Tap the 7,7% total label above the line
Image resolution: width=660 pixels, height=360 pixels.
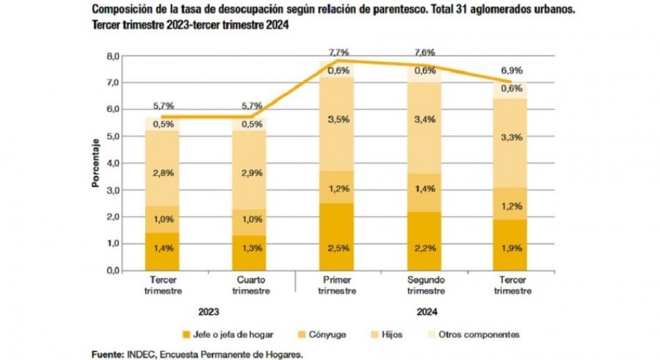338,53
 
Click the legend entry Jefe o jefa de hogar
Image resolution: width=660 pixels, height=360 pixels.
228,334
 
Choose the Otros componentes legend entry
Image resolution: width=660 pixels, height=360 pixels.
479,334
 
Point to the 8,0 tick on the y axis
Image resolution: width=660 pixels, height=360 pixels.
113,56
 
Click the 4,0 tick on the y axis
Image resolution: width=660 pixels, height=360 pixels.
113,163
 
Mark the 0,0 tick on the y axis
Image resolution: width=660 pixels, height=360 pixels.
113,270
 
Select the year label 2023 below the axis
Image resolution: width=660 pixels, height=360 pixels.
207,311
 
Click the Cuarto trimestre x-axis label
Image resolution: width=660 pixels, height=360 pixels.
251,286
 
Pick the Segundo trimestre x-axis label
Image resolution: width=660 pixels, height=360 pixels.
424,286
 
